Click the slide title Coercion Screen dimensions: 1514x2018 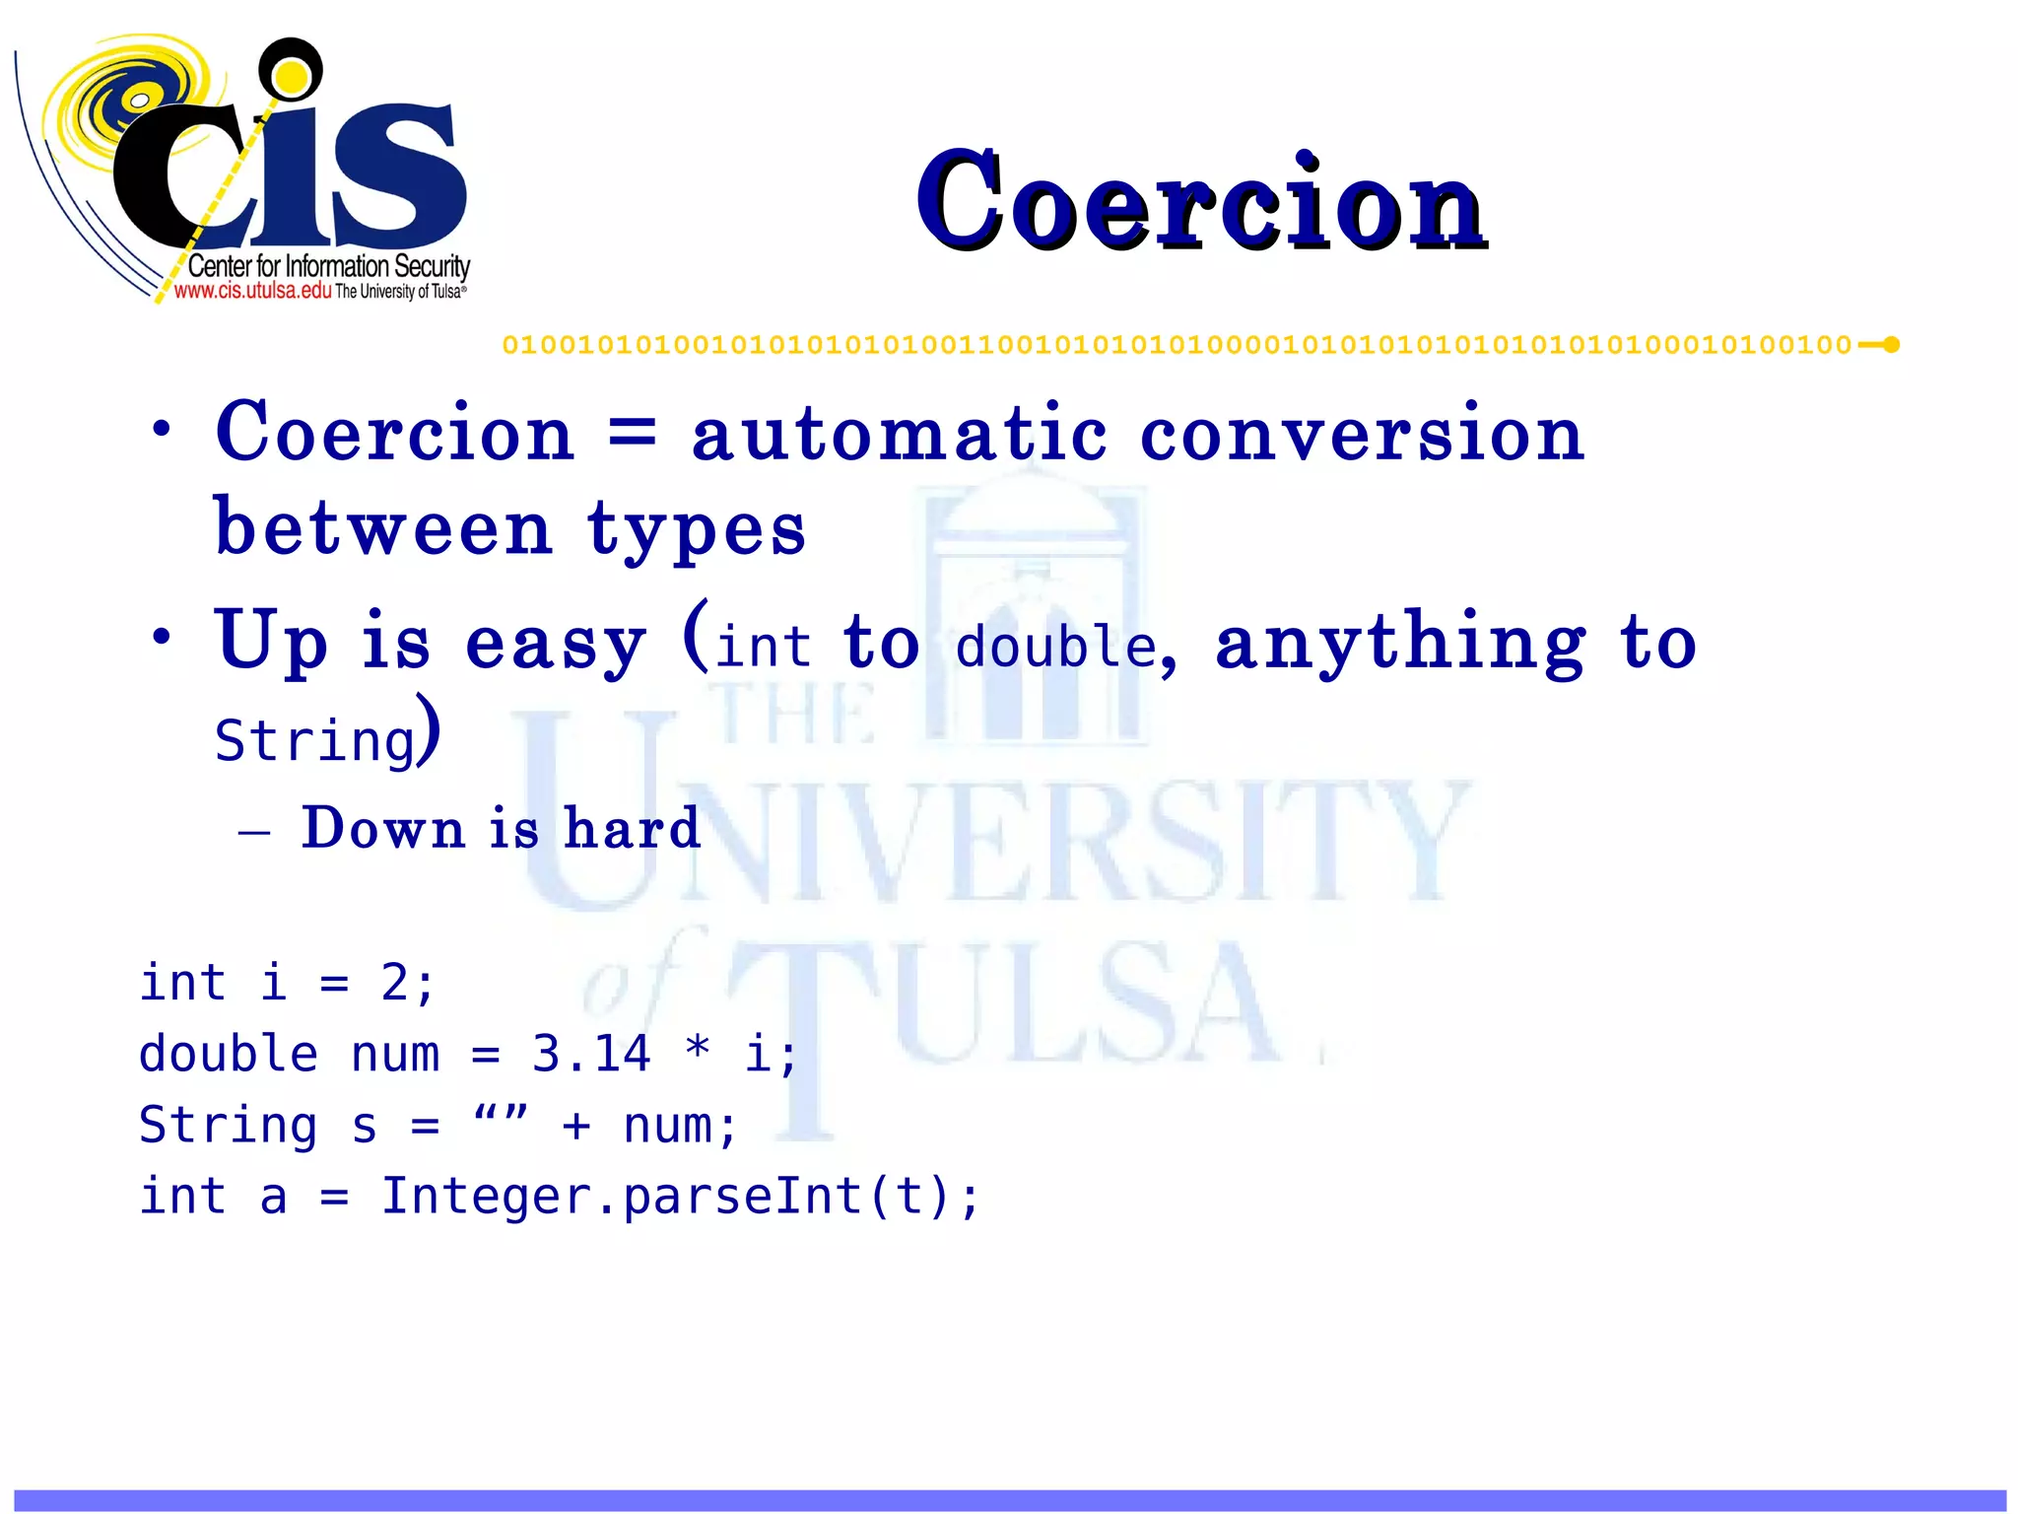(1200, 201)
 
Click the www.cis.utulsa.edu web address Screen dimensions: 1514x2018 (252, 291)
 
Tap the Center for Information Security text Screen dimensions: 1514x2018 (328, 266)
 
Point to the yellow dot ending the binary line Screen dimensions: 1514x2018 (1891, 345)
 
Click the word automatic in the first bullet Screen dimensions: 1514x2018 (899, 435)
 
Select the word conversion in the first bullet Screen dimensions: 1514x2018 (1362, 435)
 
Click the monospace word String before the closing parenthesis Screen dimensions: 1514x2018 (315, 741)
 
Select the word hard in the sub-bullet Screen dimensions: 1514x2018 (632, 828)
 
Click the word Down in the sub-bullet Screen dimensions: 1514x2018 (382, 828)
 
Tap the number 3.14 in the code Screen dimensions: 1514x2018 (591, 1054)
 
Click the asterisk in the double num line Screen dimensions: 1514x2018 (698, 1049)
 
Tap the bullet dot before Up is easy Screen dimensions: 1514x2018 (162, 636)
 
